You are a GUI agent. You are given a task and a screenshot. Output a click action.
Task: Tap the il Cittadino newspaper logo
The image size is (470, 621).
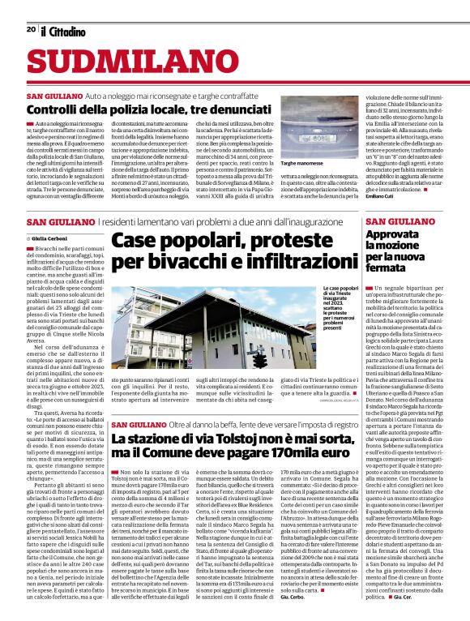(x=63, y=31)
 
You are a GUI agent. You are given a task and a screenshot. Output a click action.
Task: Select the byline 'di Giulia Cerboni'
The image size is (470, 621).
(x=55, y=237)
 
